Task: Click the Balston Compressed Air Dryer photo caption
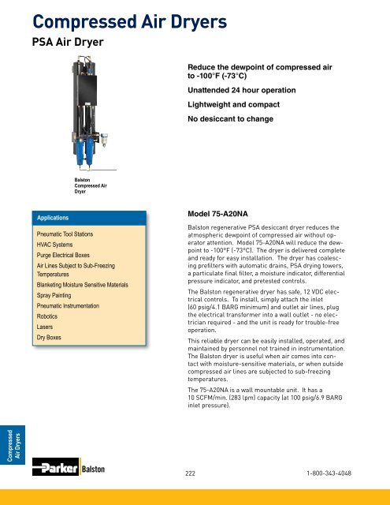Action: coord(87,185)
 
